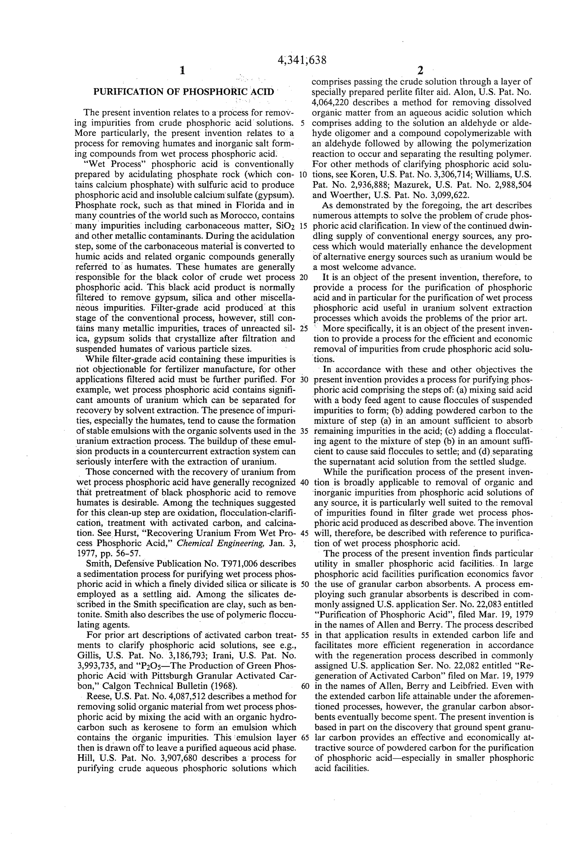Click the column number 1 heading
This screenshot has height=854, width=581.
[x=182, y=71]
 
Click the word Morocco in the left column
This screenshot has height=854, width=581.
[x=238, y=215]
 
